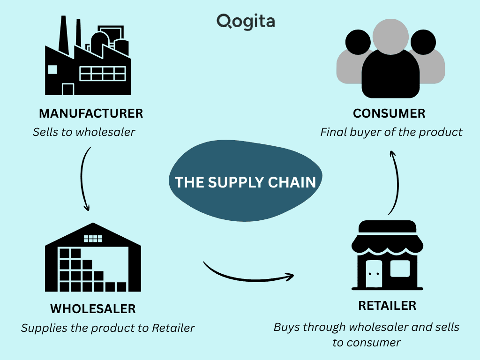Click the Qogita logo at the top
coord(246,21)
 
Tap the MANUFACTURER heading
coord(91,113)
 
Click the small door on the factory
coord(68,89)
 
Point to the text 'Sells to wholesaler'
coord(84,132)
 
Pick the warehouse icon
coord(93,258)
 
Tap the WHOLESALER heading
coord(93,309)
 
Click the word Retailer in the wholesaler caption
coord(173,328)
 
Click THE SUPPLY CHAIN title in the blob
coord(246,182)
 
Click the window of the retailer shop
coord(400,268)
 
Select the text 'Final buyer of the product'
coord(391,132)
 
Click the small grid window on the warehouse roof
coord(93,238)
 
